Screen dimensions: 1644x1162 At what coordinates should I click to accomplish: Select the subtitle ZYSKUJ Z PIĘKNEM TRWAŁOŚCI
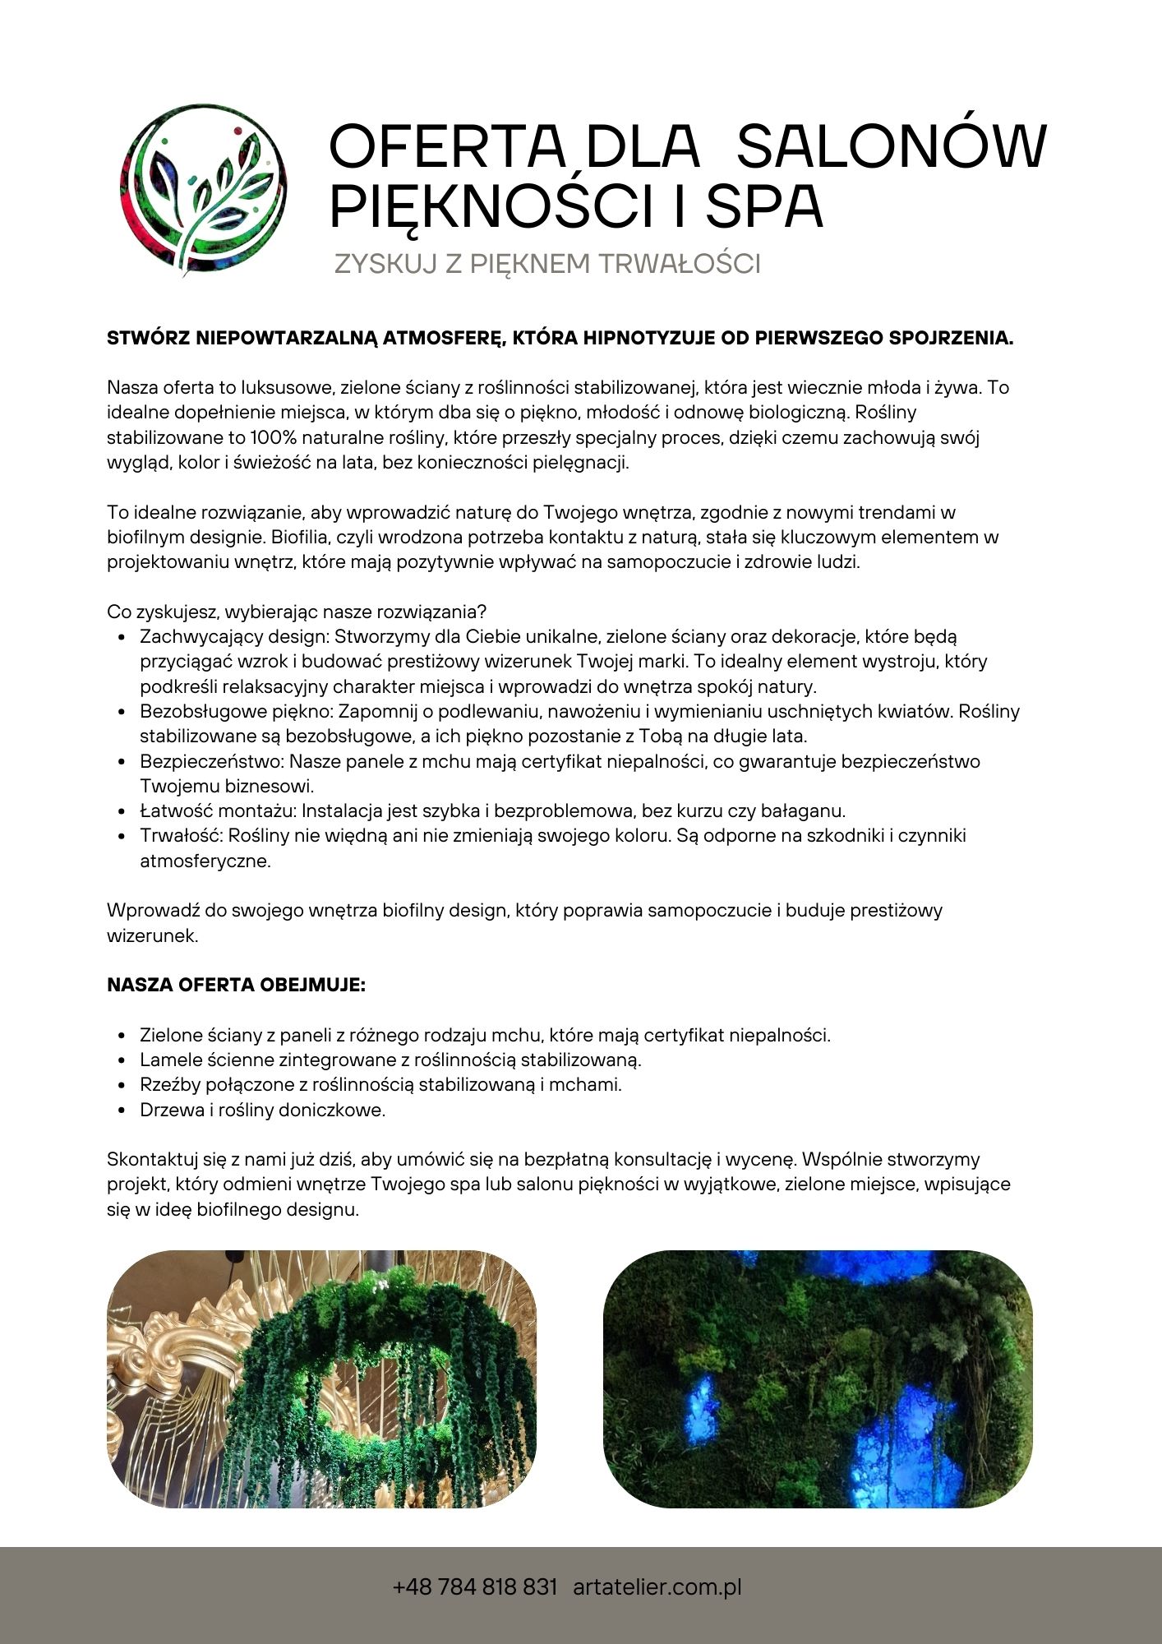[x=547, y=264]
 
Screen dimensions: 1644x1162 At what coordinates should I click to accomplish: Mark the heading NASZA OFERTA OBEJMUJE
[x=237, y=985]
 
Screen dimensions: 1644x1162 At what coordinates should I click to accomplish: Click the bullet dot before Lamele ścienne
[x=122, y=1060]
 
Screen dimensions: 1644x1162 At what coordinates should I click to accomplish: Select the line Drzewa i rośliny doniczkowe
[x=262, y=1110]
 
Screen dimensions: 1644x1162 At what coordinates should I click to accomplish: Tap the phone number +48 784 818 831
[x=476, y=1586]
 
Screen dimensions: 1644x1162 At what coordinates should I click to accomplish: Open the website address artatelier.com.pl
[x=657, y=1586]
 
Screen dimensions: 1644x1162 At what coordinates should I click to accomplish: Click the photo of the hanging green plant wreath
[x=321, y=1378]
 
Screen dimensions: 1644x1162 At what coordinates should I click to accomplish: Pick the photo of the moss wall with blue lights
[x=818, y=1378]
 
